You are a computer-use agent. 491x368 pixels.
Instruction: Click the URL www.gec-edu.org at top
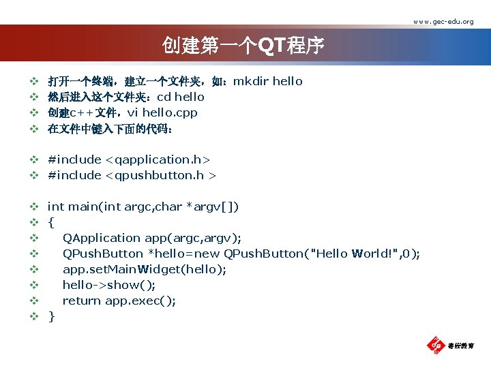[x=443, y=21]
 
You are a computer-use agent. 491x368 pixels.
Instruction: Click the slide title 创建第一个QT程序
[x=243, y=46]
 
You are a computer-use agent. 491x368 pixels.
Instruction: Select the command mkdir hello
[x=267, y=82]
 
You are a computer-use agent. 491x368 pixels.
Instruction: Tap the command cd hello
[x=181, y=97]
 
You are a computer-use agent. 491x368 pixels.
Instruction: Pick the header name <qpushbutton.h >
[x=160, y=176]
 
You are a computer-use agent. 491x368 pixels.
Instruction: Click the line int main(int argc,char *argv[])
[x=143, y=207]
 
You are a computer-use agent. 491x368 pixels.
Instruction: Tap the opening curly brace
[x=50, y=223]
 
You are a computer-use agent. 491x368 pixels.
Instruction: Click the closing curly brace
[x=50, y=316]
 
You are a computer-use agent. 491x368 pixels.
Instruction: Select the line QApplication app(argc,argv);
[x=151, y=239]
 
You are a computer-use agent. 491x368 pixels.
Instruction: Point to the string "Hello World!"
[x=353, y=254]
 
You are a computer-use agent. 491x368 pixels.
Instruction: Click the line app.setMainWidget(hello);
[x=144, y=270]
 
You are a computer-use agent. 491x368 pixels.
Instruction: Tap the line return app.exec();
[x=119, y=301]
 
